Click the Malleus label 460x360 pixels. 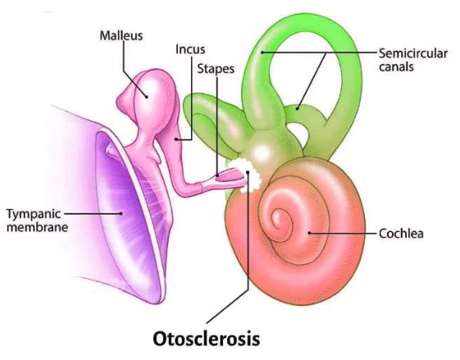point(121,36)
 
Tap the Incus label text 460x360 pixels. point(190,49)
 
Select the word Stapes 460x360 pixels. point(216,70)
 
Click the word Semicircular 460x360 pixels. point(413,53)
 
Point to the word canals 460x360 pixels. point(396,67)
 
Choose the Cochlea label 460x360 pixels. point(401,234)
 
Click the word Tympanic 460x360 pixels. point(34,215)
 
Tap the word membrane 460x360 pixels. point(37,227)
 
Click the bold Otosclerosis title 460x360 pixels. point(207,339)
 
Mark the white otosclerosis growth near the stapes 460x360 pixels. point(246,175)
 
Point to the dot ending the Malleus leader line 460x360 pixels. point(146,97)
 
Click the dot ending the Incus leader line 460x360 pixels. point(176,139)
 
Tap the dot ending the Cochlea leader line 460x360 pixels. point(309,233)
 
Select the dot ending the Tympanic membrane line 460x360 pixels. point(121,213)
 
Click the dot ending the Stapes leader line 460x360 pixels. point(217,175)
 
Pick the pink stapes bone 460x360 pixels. point(225,179)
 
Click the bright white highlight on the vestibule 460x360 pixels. point(261,153)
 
